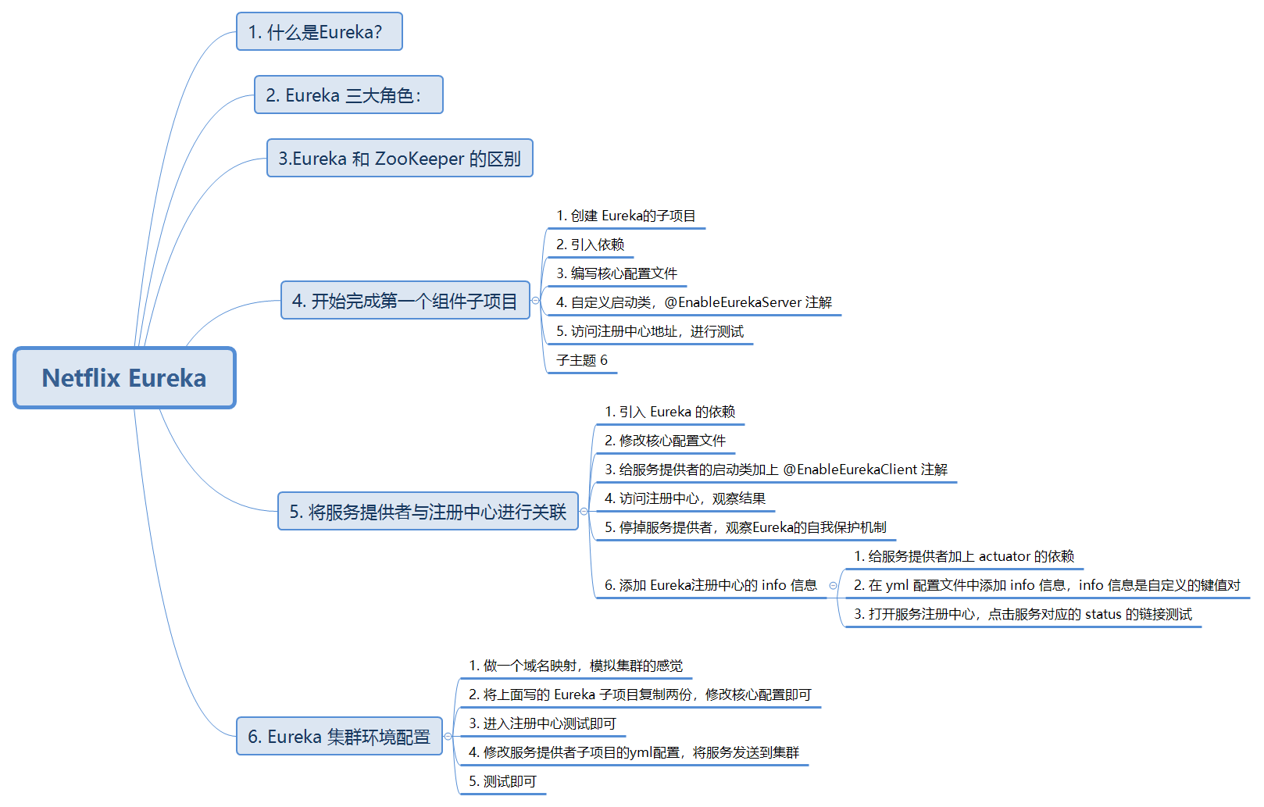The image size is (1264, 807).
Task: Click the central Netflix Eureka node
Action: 124,378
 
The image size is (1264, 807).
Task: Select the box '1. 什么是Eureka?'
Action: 319,32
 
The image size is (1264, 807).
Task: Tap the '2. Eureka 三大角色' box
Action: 348,95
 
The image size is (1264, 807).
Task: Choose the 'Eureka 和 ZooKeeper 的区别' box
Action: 399,159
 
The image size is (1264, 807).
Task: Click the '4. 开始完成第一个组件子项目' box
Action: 405,301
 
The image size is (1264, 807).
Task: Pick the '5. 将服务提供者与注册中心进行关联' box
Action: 427,512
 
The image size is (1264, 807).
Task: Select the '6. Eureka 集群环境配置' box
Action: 339,737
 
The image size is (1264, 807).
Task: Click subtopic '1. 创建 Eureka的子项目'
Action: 626,216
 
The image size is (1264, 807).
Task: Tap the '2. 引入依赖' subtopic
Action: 590,245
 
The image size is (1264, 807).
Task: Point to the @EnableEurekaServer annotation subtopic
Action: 694,303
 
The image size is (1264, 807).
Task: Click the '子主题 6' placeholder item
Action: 582,361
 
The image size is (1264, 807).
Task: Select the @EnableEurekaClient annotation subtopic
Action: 776,470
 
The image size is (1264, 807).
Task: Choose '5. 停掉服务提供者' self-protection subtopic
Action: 745,528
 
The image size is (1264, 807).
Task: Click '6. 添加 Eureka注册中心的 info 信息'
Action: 710,586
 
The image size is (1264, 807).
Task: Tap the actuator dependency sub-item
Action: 964,557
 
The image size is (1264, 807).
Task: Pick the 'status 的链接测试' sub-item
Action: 1023,615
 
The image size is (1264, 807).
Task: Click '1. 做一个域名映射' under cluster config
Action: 576,666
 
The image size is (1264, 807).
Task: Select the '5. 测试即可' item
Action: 502,782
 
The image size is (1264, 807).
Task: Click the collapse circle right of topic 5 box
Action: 584,512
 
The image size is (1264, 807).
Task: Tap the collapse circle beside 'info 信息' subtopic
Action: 833,586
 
